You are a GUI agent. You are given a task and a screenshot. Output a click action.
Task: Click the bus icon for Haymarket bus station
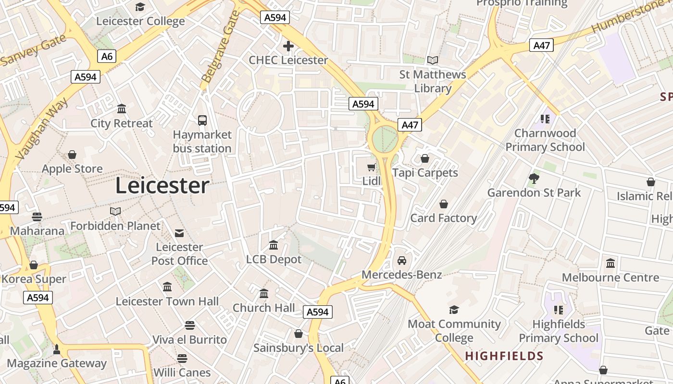pyautogui.click(x=202, y=120)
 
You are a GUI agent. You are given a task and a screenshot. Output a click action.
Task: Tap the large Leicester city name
pyautogui.click(x=162, y=186)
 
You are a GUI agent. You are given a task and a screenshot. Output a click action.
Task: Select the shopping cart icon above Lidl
pyautogui.click(x=371, y=167)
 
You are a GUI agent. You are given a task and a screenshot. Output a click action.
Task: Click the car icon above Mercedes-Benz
pyautogui.click(x=402, y=261)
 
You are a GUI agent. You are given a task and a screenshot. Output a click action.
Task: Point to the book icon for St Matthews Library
pyautogui.click(x=433, y=60)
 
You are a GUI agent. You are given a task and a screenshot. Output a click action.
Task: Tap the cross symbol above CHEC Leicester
pyautogui.click(x=288, y=46)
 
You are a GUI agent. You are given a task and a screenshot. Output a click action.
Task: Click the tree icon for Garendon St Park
pyautogui.click(x=534, y=179)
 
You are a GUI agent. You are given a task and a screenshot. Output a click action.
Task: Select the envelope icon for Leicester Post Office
pyautogui.click(x=179, y=233)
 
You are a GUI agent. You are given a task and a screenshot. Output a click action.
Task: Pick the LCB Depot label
pyautogui.click(x=274, y=259)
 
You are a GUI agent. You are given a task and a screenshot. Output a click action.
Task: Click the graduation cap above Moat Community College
pyautogui.click(x=454, y=310)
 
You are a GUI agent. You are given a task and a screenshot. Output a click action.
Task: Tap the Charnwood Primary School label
pyautogui.click(x=545, y=140)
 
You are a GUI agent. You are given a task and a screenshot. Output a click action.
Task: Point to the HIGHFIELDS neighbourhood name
pyautogui.click(x=504, y=356)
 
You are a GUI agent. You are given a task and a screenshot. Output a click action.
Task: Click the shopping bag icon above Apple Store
pyautogui.click(x=72, y=155)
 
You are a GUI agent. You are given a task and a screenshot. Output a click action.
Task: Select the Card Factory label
pyautogui.click(x=443, y=218)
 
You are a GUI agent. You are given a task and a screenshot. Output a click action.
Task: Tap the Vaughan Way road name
pyautogui.click(x=42, y=129)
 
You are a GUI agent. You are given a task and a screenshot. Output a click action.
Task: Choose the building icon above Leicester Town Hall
pyautogui.click(x=167, y=287)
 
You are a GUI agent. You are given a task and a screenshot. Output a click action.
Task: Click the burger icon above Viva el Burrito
pyautogui.click(x=190, y=325)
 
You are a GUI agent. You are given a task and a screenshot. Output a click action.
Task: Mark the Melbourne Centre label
pyautogui.click(x=611, y=277)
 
